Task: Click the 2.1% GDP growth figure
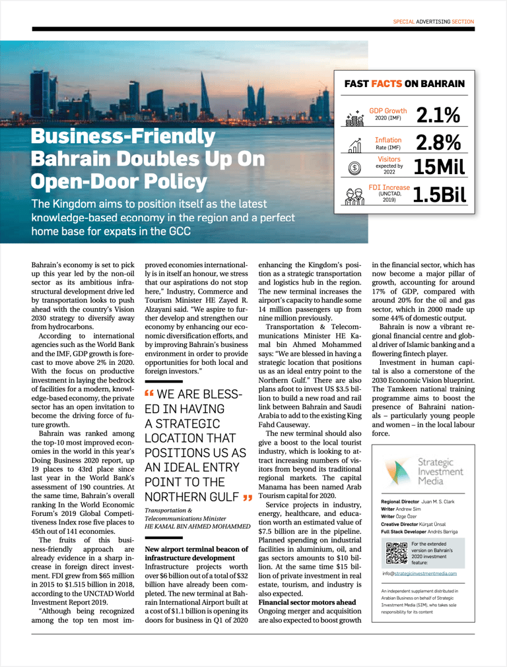[438, 115]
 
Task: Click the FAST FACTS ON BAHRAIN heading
[405, 84]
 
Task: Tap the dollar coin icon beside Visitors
[355, 168]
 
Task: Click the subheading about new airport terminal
[191, 553]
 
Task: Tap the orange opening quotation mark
[149, 393]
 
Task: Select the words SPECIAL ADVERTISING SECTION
[434, 21]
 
